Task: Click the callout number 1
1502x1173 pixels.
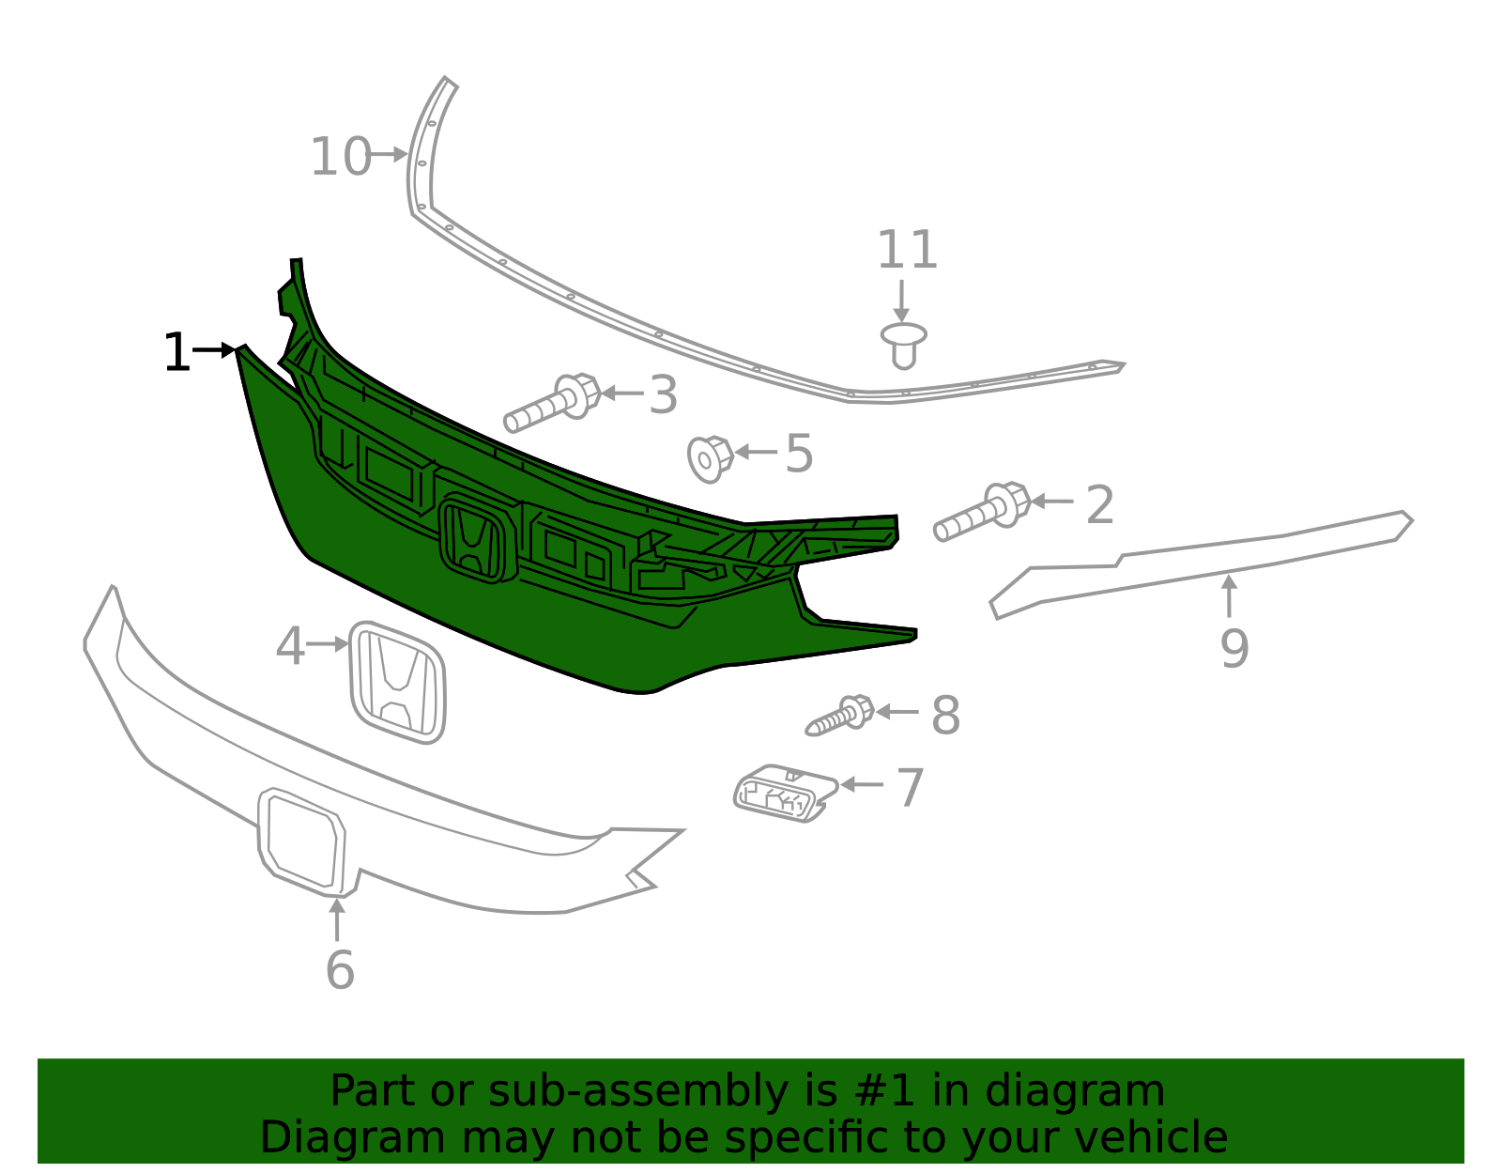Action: [x=176, y=352]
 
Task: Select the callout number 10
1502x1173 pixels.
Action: [x=341, y=157]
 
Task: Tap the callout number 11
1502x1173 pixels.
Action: [x=907, y=250]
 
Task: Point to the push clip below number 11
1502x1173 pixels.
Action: [x=903, y=345]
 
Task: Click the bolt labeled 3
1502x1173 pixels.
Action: [x=552, y=403]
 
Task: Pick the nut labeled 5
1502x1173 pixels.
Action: [x=710, y=459]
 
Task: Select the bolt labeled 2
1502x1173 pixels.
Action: [x=982, y=512]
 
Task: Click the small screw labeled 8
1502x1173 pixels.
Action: [x=840, y=717]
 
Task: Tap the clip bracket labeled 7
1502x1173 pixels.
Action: [x=785, y=794]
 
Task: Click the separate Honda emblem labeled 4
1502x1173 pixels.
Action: [x=397, y=682]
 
